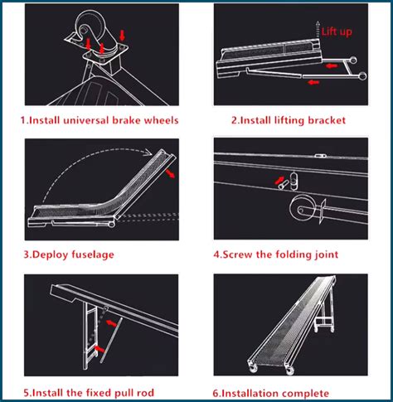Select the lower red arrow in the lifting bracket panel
pyautogui.click(x=313, y=82)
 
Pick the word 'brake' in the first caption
pyautogui.click(x=133, y=120)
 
